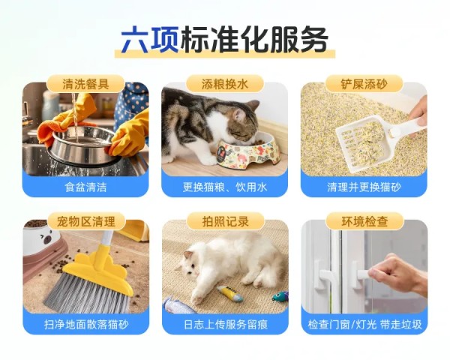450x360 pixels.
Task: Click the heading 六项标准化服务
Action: pyautogui.click(x=225, y=40)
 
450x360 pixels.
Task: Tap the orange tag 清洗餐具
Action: pyautogui.click(x=86, y=83)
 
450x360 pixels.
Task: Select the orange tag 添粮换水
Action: pyautogui.click(x=225, y=83)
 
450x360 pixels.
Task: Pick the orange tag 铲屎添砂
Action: pyautogui.click(x=364, y=83)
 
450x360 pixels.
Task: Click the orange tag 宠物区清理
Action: pyautogui.click(x=86, y=220)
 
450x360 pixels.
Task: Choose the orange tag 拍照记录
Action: pyautogui.click(x=225, y=220)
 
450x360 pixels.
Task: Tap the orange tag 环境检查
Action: pyautogui.click(x=364, y=220)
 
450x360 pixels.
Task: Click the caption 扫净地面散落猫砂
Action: pyautogui.click(x=86, y=324)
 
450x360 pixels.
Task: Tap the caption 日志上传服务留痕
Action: pyautogui.click(x=225, y=324)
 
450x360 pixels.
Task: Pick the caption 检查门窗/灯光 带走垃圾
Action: pyautogui.click(x=364, y=324)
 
